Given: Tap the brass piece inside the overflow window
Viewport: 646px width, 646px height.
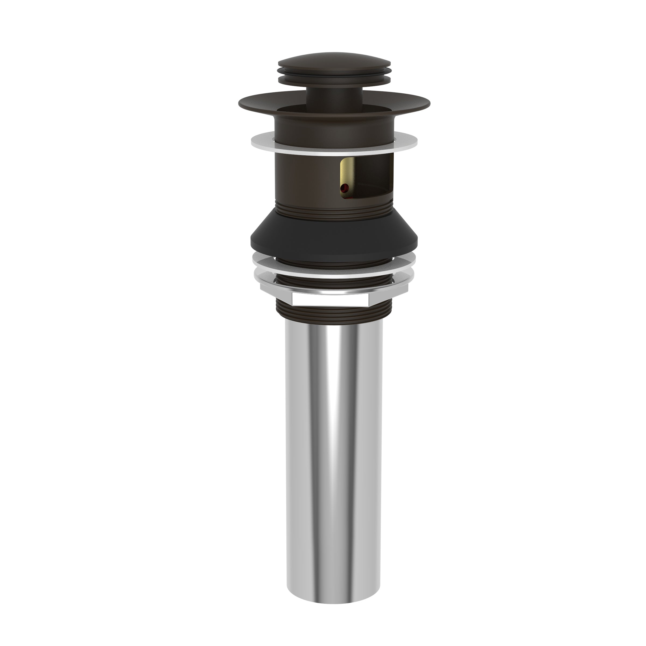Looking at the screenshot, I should point(345,174).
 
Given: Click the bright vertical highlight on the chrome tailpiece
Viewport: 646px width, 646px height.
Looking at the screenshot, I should point(338,435).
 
